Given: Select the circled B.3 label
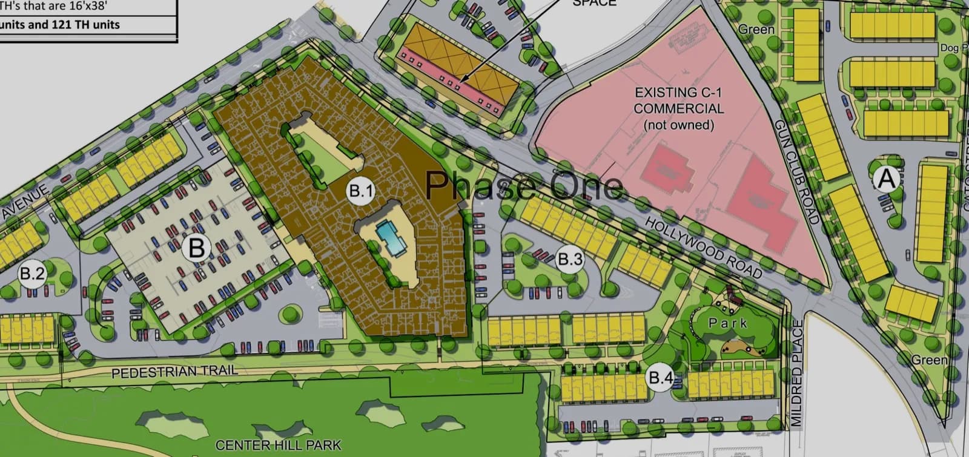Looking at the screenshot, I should pos(569,260).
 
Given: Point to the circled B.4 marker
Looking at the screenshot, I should pos(661,378).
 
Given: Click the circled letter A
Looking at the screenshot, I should pos(885,179).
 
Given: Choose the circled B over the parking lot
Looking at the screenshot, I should pos(197,248).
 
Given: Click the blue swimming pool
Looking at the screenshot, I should pos(388,238).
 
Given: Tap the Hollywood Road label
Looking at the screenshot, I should pos(703,248).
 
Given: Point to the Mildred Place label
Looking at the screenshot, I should pos(797,372).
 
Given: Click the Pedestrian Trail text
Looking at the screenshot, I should pos(174,370).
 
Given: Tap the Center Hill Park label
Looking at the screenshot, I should pos(278,445).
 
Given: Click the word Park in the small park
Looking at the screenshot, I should pos(728,323).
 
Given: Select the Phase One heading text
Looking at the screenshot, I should pos(524,185).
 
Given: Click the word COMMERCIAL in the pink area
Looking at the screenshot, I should pos(678,109).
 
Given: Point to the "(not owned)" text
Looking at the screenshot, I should pos(678,125).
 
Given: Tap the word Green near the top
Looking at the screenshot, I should pos(756,29).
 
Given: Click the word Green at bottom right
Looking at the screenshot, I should pos(929,360).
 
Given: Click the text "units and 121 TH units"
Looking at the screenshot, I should pos(61,25).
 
